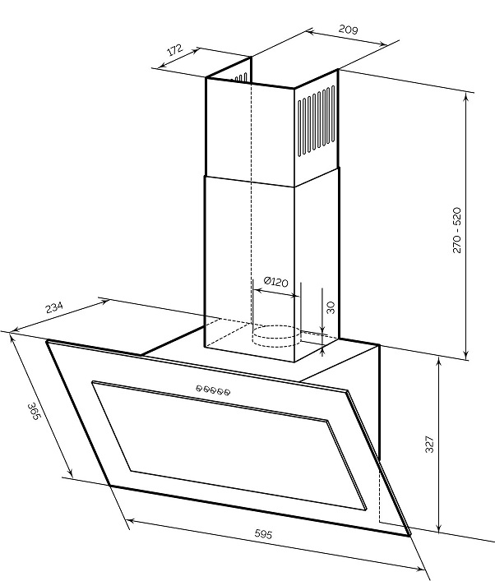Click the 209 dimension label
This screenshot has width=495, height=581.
pyautogui.click(x=348, y=30)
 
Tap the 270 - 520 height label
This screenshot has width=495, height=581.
pyautogui.click(x=457, y=230)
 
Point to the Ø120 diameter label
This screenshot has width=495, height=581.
pyautogui.click(x=275, y=282)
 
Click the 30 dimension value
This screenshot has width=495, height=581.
pyautogui.click(x=331, y=307)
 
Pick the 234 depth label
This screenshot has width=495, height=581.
pyautogui.click(x=54, y=307)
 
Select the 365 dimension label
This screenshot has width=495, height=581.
pyautogui.click(x=34, y=411)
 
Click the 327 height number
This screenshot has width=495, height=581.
pyautogui.click(x=429, y=444)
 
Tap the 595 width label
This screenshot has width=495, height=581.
pyautogui.click(x=264, y=534)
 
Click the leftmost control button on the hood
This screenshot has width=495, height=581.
pyautogui.click(x=199, y=388)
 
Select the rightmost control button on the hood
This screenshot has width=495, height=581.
pyautogui.click(x=227, y=392)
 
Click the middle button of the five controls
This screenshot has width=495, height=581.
pyautogui.click(x=213, y=390)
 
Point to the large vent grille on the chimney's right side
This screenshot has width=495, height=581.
pyautogui.click(x=317, y=122)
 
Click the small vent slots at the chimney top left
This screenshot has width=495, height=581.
pyautogui.click(x=239, y=79)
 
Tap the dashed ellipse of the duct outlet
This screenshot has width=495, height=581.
pyautogui.click(x=275, y=332)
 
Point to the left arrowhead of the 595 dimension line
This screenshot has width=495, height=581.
pyautogui.click(x=132, y=521)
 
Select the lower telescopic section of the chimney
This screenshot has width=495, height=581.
pyautogui.click(x=271, y=265)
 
